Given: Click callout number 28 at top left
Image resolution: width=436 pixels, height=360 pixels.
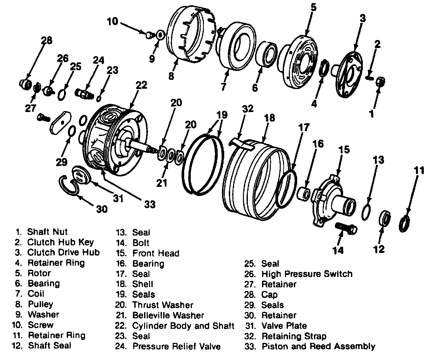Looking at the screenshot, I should click(x=46, y=40).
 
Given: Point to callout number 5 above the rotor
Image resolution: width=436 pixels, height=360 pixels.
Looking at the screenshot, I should click(x=314, y=7).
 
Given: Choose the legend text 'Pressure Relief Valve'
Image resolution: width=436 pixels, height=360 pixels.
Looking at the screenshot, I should click(x=176, y=346).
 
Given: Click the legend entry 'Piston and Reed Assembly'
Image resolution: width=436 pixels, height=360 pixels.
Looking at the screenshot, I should click(x=318, y=346).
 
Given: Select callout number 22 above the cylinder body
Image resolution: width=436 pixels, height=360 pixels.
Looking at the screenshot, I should click(x=141, y=85).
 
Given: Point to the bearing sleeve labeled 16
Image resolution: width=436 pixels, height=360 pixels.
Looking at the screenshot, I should click(x=303, y=193).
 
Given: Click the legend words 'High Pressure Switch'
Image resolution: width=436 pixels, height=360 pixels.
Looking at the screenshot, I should click(x=307, y=274).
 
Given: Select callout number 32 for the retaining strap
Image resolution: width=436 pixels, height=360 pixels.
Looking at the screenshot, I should click(x=248, y=108).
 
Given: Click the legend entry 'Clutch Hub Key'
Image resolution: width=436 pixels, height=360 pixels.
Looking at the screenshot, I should click(x=60, y=242).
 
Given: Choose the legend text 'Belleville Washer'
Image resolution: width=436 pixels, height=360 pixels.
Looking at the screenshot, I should click(x=168, y=315).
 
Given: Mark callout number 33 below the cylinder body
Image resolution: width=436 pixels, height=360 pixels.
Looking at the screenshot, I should click(x=150, y=204).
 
